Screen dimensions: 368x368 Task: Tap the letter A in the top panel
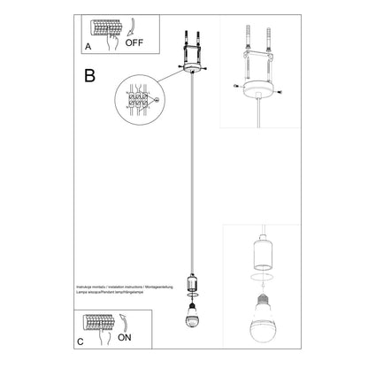88,43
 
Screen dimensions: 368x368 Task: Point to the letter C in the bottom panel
80,341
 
